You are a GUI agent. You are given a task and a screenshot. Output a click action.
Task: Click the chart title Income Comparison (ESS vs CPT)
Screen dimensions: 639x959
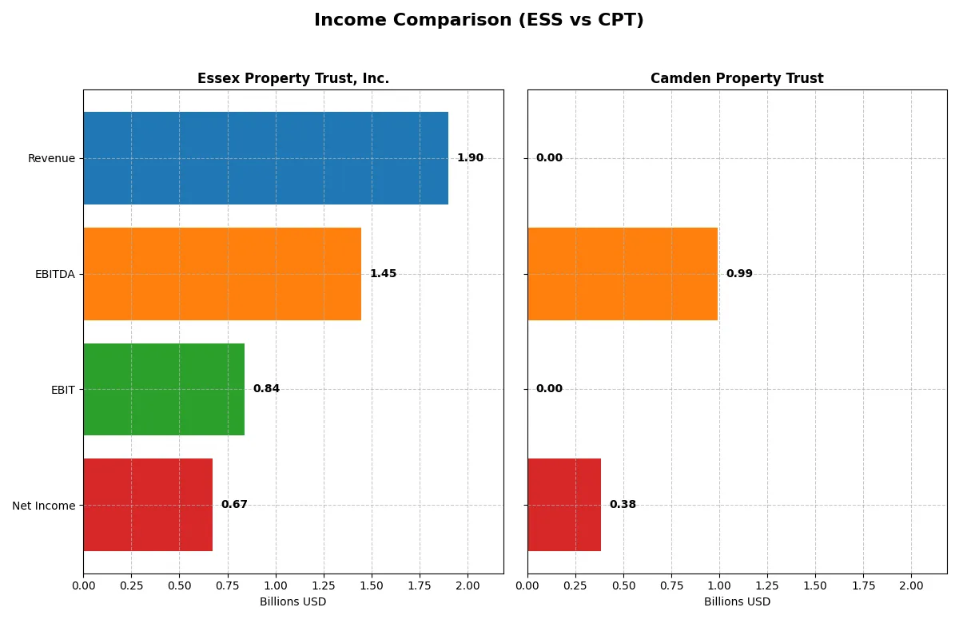coord(479,20)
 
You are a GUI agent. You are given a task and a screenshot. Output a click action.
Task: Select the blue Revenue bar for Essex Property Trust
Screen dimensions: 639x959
coord(265,158)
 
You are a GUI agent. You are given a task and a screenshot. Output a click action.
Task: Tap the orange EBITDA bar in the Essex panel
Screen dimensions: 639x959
coord(222,274)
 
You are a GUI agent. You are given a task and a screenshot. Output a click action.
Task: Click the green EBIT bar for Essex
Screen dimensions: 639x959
coord(164,389)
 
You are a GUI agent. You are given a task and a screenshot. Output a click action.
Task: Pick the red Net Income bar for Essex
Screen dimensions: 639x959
coord(148,505)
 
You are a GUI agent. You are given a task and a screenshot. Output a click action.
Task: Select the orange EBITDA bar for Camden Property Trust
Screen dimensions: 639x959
coord(623,274)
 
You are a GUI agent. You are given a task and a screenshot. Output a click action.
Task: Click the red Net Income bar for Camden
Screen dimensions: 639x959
coord(564,505)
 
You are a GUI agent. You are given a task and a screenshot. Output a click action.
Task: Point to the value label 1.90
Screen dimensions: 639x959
coord(470,158)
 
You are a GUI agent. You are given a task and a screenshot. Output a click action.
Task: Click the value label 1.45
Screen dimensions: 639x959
coord(383,274)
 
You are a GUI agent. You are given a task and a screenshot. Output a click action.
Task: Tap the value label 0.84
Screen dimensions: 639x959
coord(266,389)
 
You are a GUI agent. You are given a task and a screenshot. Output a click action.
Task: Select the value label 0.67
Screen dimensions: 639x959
coord(234,505)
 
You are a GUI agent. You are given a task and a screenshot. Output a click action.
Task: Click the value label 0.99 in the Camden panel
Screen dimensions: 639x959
coord(739,274)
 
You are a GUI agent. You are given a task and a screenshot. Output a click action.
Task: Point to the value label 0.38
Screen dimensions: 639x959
coord(623,505)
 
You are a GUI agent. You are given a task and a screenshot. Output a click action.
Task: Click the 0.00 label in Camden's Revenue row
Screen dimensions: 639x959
coord(549,158)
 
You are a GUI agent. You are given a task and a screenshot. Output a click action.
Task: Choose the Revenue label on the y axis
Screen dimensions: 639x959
coord(51,158)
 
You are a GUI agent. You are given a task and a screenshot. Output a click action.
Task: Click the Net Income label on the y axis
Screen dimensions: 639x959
coord(44,505)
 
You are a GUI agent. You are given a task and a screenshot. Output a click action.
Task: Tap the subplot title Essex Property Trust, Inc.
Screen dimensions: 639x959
coord(293,78)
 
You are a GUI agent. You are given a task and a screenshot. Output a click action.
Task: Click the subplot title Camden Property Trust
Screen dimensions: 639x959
coord(737,78)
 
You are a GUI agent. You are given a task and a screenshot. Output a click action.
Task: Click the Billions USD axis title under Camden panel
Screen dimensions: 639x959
coord(737,601)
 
